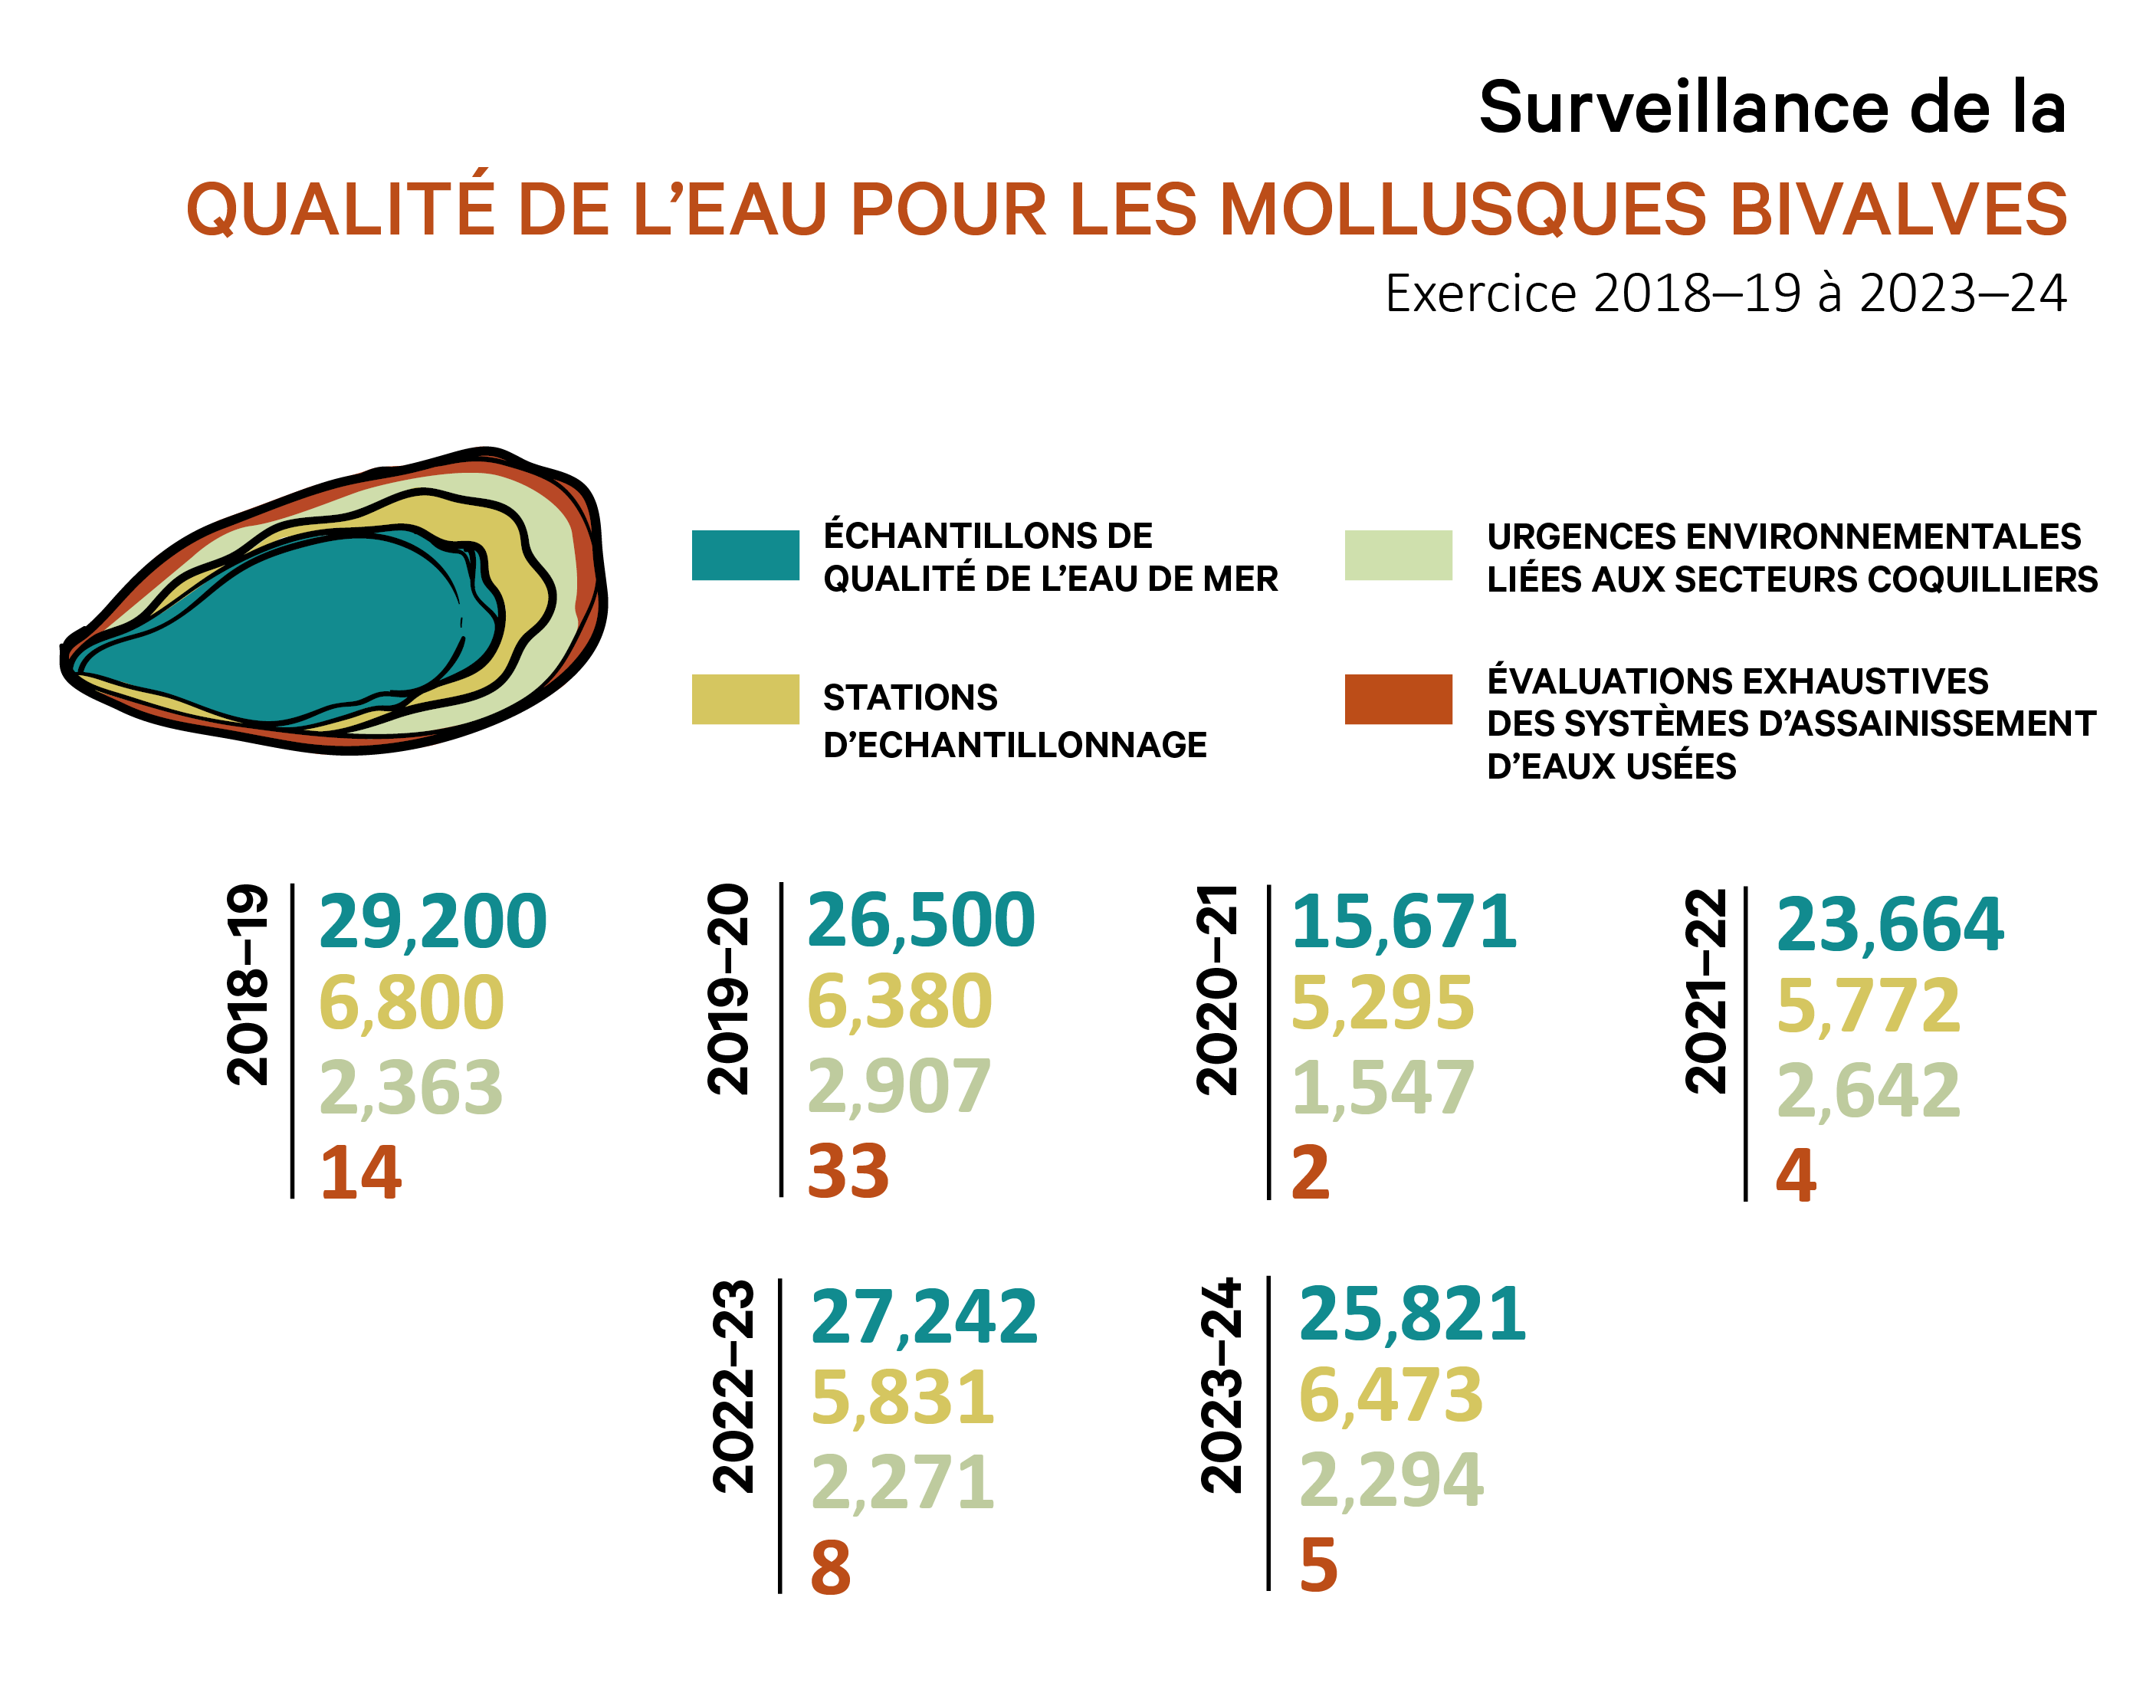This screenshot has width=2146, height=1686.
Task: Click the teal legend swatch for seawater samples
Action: click(x=745, y=555)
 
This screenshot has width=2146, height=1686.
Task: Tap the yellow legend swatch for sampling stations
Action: click(x=745, y=699)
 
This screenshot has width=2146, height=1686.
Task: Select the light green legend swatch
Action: click(x=1398, y=555)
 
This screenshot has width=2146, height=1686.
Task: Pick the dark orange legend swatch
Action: click(x=1398, y=699)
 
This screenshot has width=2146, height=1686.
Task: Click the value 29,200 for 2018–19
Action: click(x=432, y=922)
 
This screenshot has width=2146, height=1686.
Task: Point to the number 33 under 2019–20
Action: click(x=848, y=1172)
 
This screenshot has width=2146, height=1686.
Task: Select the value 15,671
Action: click(x=1403, y=922)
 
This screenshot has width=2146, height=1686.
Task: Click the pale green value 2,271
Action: click(x=902, y=1483)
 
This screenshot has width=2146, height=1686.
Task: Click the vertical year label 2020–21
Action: click(x=1216, y=989)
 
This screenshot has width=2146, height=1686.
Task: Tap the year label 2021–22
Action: click(x=1705, y=991)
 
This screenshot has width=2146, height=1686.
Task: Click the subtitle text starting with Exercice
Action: click(x=1724, y=294)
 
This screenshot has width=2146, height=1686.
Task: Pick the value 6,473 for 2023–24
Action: click(x=1391, y=1396)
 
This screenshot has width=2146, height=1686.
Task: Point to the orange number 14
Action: click(x=360, y=1173)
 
